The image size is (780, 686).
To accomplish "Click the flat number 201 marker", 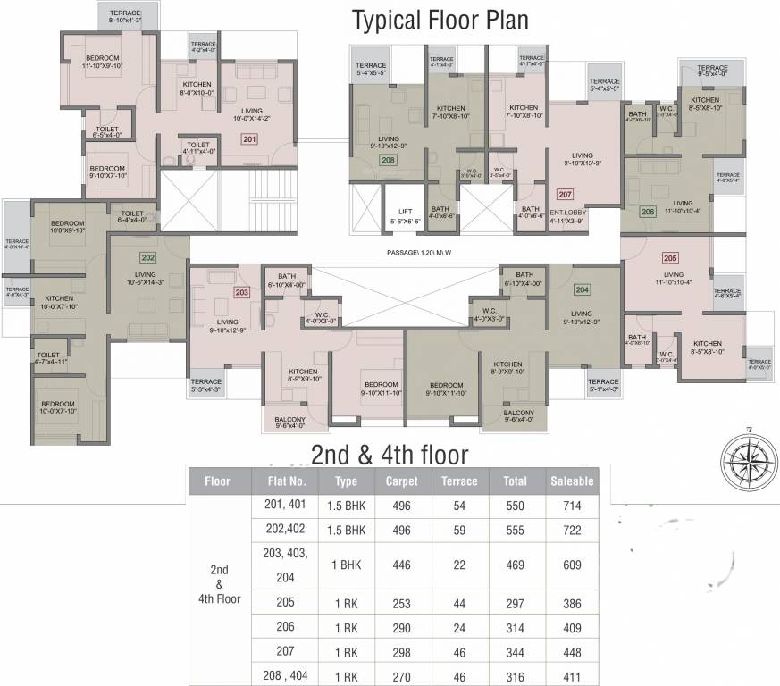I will [249, 139].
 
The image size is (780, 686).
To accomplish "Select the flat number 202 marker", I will [147, 258].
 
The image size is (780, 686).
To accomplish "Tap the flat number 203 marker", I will [241, 291].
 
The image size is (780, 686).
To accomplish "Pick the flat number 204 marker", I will [582, 289].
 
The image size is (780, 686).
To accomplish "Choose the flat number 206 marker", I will [648, 212].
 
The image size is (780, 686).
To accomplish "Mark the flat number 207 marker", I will [564, 194].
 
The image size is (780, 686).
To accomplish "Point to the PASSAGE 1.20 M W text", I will [418, 253].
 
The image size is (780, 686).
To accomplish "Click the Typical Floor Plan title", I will [440, 20].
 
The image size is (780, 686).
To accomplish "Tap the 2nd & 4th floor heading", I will [389, 455].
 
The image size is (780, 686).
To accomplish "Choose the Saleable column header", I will [572, 481].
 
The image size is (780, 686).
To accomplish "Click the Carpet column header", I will [401, 481].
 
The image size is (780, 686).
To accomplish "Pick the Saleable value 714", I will [572, 506].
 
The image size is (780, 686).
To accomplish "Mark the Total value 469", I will [515, 565].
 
